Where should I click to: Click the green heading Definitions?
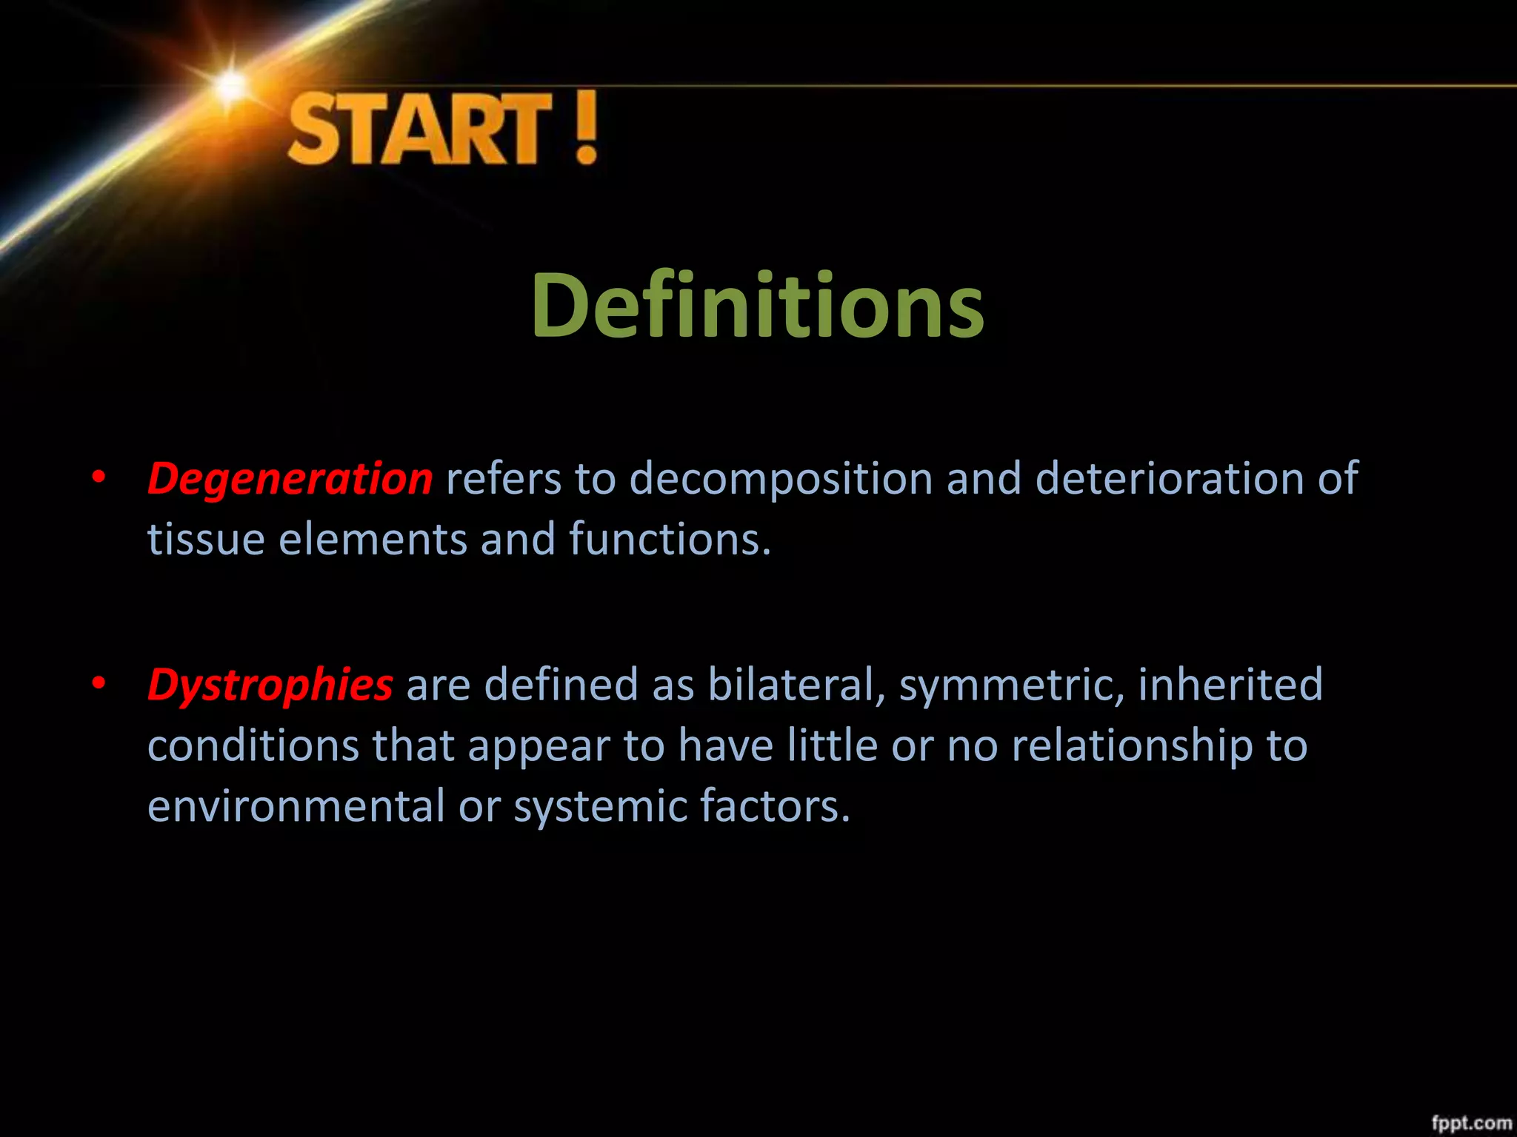pyautogui.click(x=758, y=305)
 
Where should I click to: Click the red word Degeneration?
pyautogui.click(x=290, y=479)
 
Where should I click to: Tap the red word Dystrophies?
pyautogui.click(x=270, y=684)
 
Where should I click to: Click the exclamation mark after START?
pyautogui.click(x=585, y=127)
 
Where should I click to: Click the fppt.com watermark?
pyautogui.click(x=1470, y=1121)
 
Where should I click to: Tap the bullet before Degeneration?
pyautogui.click(x=99, y=479)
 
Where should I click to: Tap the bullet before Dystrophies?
pyautogui.click(x=99, y=684)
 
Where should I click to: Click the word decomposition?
pyautogui.click(x=781, y=479)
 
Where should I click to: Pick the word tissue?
pyautogui.click(x=206, y=539)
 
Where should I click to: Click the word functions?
pyautogui.click(x=669, y=539)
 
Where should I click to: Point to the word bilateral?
pyautogui.click(x=796, y=684)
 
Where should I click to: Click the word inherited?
pyautogui.click(x=1230, y=684)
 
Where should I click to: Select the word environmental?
pyautogui.click(x=296, y=805)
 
